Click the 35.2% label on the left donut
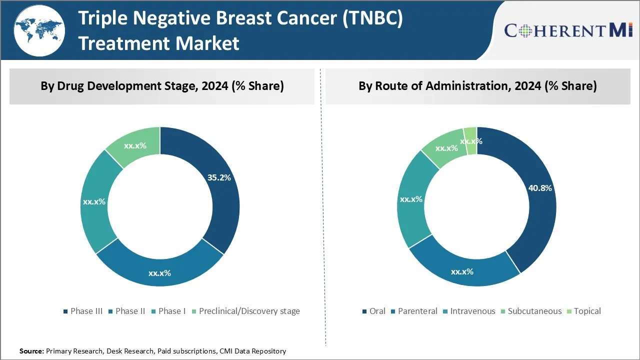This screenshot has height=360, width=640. pyautogui.click(x=218, y=177)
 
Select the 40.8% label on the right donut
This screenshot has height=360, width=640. pyautogui.click(x=540, y=188)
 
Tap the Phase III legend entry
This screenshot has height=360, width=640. pyautogui.click(x=83, y=311)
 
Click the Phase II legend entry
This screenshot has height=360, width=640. pyautogui.click(x=126, y=311)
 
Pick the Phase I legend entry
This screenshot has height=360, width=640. pyautogui.click(x=168, y=311)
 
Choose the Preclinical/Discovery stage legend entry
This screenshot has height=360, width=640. pyautogui.click(x=245, y=311)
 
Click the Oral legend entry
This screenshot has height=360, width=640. pyautogui.click(x=373, y=311)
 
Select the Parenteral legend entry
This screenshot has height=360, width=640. pyautogui.click(x=413, y=311)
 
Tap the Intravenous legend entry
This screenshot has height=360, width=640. pyautogui.click(x=468, y=311)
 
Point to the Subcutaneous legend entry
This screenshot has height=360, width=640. pyautogui.click(x=530, y=311)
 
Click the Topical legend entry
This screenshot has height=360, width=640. pyautogui.click(x=583, y=311)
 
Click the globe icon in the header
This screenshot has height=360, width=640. pyautogui.click(x=39, y=30)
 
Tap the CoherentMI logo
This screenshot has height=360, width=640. pyautogui.click(x=569, y=30)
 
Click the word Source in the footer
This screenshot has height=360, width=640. pyautogui.click(x=31, y=351)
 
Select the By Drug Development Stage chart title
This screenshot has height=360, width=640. pyautogui.click(x=162, y=86)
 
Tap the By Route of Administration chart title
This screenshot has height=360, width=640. pyautogui.click(x=477, y=86)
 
